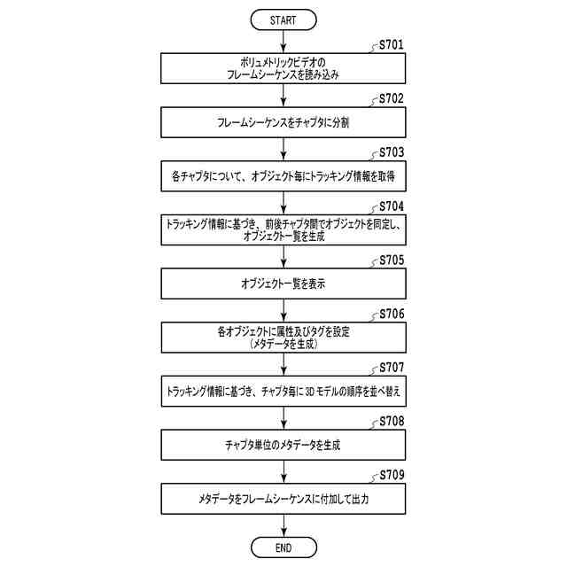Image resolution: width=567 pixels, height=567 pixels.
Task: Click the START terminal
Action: coord(283,19)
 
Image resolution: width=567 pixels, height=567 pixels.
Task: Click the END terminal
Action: coord(283,548)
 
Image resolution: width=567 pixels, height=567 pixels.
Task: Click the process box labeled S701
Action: coord(283,70)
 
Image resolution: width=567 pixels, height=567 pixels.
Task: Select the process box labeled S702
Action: coord(283,124)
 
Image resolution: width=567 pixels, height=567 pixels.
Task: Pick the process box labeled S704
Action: coord(283,231)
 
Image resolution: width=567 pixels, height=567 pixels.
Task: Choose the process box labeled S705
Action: coord(283,285)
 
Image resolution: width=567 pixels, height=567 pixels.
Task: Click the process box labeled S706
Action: coord(283,338)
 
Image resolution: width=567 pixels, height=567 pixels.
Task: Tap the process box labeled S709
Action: coord(283,500)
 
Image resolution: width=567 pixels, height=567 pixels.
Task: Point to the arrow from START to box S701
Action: coord(283,41)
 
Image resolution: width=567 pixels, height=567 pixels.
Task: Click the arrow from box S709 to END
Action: coord(283,526)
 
